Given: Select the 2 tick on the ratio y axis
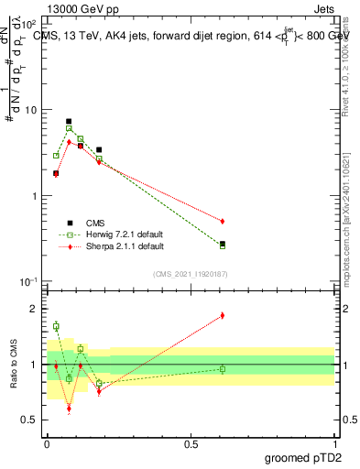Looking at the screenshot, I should tap(35, 309).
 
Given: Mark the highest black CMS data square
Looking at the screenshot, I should tap(69, 121).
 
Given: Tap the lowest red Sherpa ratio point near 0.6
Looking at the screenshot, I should tap(69, 409).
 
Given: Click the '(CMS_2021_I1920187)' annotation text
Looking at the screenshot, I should tap(190, 274).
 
